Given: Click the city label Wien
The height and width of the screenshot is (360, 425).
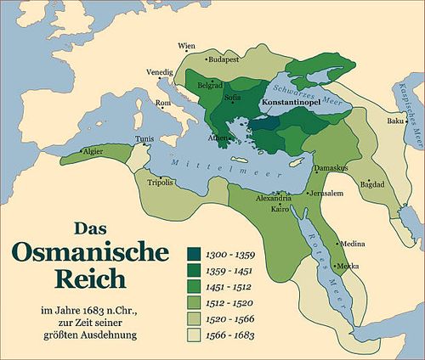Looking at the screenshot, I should [185, 45].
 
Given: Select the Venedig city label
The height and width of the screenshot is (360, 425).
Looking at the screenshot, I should [159, 72].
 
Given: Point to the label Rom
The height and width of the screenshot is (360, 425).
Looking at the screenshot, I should [163, 104].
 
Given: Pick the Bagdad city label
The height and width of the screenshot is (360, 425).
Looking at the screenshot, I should [372, 183].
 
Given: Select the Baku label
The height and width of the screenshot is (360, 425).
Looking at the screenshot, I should [394, 121].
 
